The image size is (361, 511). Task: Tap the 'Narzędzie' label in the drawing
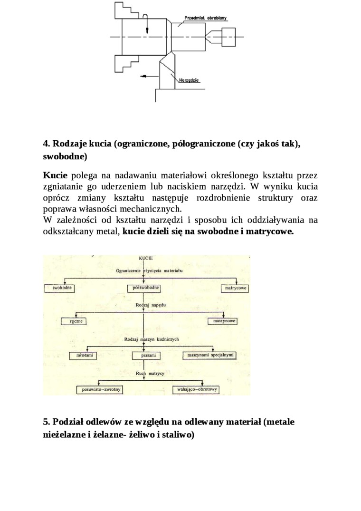[x=188, y=80]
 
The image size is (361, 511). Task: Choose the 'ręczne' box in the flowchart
[x=77, y=321]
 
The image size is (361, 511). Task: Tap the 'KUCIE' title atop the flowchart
[x=145, y=258]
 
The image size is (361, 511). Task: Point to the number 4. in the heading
[x=47, y=144]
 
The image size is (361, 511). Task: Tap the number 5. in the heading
[x=47, y=422]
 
